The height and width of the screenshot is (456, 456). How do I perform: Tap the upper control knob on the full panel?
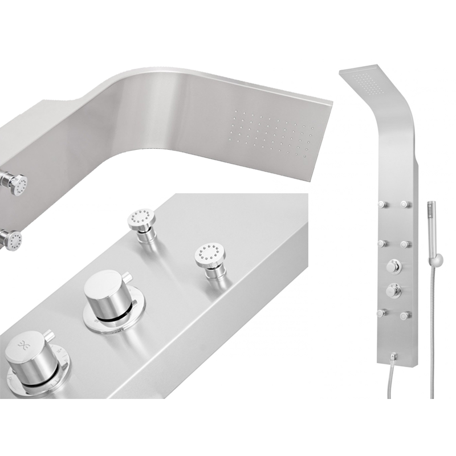pos(394,266)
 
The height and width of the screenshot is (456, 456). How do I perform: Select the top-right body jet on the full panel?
pos(406,203)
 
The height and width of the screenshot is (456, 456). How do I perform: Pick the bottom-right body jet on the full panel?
pos(406,313)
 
